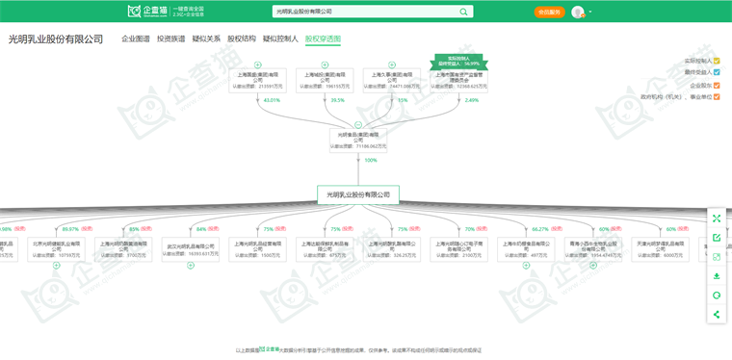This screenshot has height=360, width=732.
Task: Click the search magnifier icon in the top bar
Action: coord(464,12)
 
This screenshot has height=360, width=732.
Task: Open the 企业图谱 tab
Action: coord(135,39)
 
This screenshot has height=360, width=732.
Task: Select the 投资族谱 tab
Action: coord(170,39)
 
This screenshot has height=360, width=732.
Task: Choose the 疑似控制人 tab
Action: coord(280,39)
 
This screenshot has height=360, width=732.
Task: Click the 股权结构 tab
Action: coord(242,39)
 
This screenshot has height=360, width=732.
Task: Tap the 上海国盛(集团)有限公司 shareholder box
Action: coord(258,80)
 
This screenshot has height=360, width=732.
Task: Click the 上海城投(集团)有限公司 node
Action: coord(325,80)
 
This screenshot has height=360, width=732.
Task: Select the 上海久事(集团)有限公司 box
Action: coord(392,80)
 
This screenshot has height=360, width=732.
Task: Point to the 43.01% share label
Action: coord(272,100)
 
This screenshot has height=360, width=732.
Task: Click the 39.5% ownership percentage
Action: coord(337,100)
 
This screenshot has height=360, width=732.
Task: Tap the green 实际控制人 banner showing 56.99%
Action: coord(458,61)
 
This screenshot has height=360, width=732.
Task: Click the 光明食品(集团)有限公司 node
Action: coord(358,140)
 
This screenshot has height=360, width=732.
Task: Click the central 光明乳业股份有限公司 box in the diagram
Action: coord(358,194)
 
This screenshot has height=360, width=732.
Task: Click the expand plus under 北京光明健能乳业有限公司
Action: coord(57,266)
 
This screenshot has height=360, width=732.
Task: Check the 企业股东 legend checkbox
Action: coord(717,85)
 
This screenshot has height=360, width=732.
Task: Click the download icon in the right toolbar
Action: coord(717,276)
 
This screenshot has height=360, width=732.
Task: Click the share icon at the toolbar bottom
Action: coord(717,314)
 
